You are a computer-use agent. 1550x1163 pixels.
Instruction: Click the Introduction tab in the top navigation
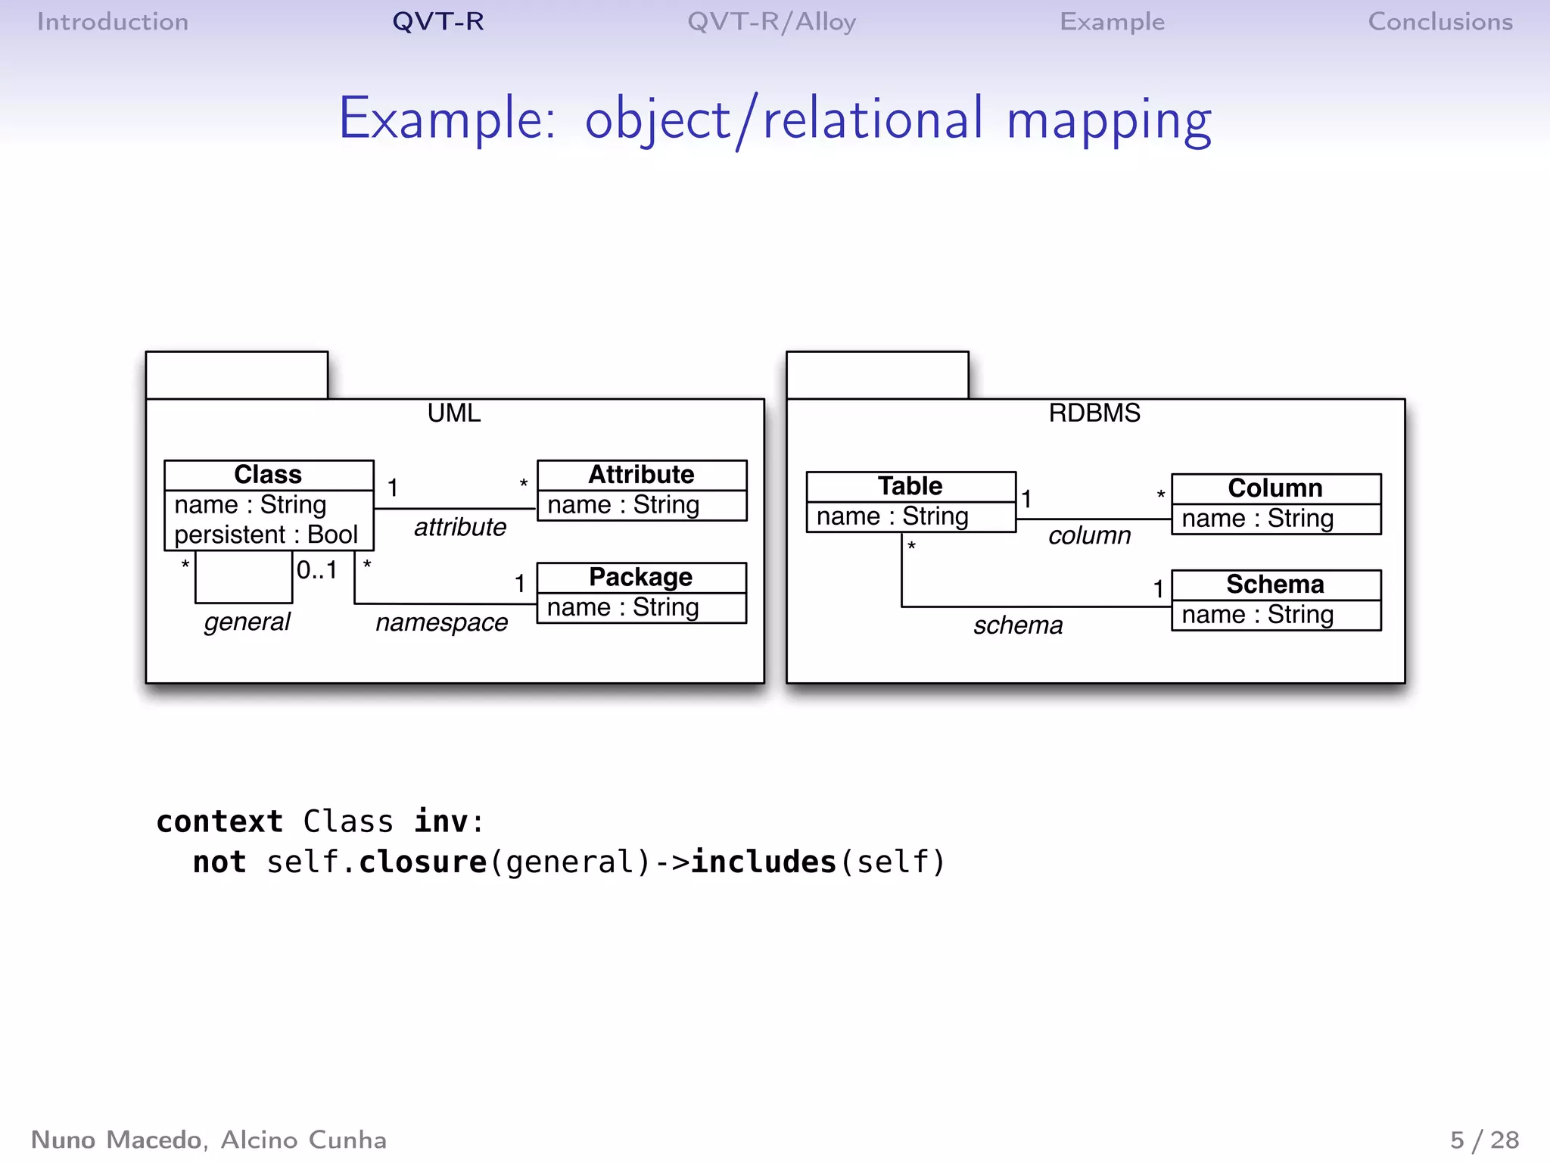pyautogui.click(x=113, y=22)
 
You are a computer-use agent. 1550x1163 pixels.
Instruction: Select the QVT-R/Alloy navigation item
pyautogui.click(x=771, y=22)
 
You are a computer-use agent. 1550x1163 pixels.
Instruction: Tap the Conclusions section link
pyautogui.click(x=1440, y=22)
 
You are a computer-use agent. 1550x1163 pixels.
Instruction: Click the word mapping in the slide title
pyautogui.click(x=1108, y=120)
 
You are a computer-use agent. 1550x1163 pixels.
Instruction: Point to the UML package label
pyautogui.click(x=454, y=413)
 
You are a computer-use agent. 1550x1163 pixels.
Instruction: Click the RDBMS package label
pyautogui.click(x=1094, y=413)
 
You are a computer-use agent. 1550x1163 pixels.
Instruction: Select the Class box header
pyautogui.click(x=268, y=475)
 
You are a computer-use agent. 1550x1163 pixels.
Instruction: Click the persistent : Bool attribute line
pyautogui.click(x=266, y=535)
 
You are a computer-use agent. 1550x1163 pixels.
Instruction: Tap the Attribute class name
pyautogui.click(x=641, y=475)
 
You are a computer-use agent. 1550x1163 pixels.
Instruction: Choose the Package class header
pyautogui.click(x=640, y=577)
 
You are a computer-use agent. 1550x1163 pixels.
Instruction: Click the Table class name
pyautogui.click(x=910, y=486)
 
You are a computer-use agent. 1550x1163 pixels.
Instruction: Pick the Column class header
pyautogui.click(x=1275, y=488)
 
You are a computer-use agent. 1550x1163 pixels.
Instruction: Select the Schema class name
pyautogui.click(x=1275, y=585)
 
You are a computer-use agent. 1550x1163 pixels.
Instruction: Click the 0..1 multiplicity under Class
pyautogui.click(x=316, y=570)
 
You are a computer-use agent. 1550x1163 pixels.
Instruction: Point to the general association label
pyautogui.click(x=247, y=622)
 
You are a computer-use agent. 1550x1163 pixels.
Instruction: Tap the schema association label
pyautogui.click(x=1018, y=626)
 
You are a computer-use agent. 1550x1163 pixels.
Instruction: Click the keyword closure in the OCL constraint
pyautogui.click(x=422, y=862)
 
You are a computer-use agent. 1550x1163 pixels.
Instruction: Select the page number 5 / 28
pyautogui.click(x=1484, y=1140)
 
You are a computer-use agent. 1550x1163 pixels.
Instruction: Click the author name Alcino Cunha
pyautogui.click(x=303, y=1140)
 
